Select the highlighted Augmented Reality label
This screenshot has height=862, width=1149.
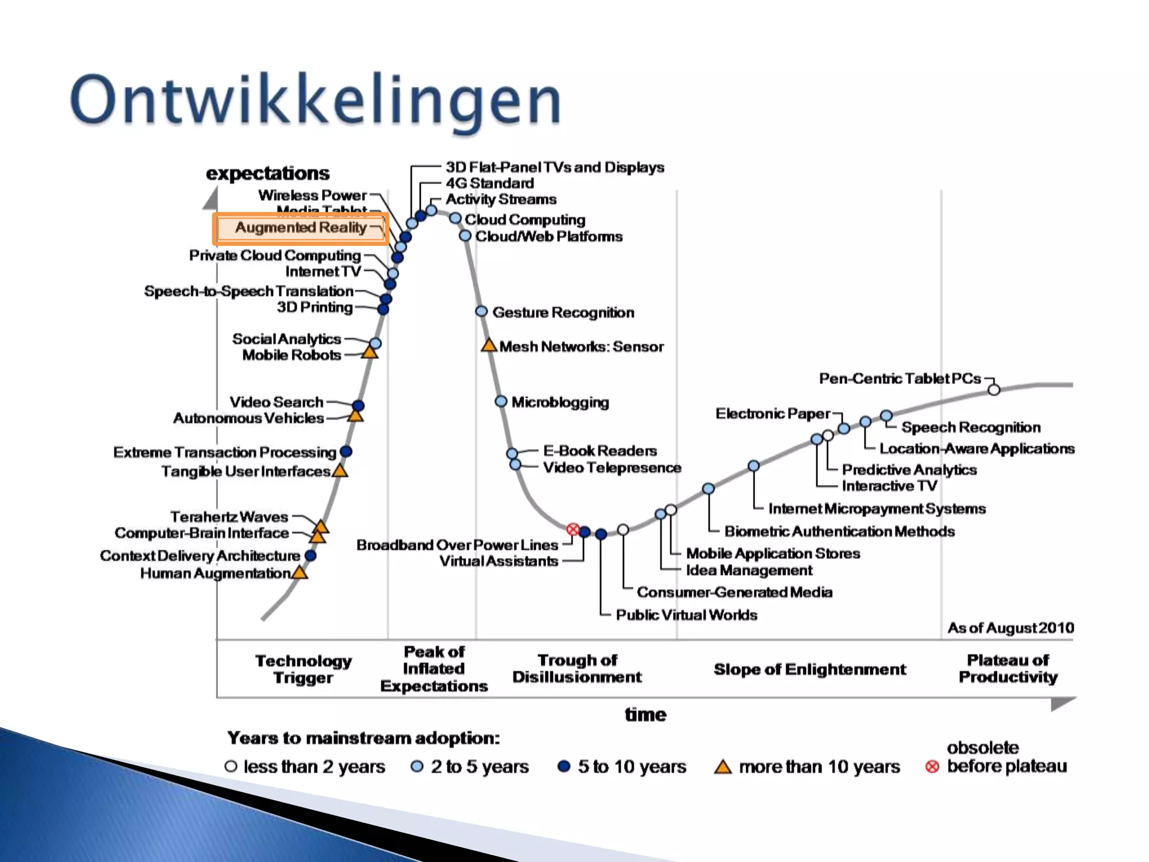pos(301,228)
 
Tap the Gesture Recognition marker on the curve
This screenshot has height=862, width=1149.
pos(481,311)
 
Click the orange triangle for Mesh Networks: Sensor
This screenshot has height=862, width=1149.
pos(489,346)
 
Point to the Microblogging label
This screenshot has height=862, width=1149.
pos(560,402)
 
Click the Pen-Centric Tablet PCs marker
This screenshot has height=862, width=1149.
pos(994,389)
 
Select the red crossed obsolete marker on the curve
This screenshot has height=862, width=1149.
pos(572,529)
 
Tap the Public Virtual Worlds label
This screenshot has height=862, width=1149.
pos(686,615)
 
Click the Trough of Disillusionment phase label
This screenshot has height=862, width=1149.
pos(577,668)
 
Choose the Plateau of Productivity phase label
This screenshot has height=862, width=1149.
pos(1008,668)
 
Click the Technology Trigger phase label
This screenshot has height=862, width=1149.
pos(304,669)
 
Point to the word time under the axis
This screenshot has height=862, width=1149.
pos(645,714)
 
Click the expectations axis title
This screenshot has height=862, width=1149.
pos(268,173)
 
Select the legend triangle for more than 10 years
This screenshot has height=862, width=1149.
pos(723,767)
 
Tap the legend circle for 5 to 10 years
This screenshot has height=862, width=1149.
pos(564,766)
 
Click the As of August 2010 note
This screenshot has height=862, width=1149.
pos(1010,627)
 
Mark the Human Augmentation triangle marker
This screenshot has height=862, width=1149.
pos(300,572)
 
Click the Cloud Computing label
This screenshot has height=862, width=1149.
pos(525,219)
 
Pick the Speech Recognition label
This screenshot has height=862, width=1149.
pos(971,427)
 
